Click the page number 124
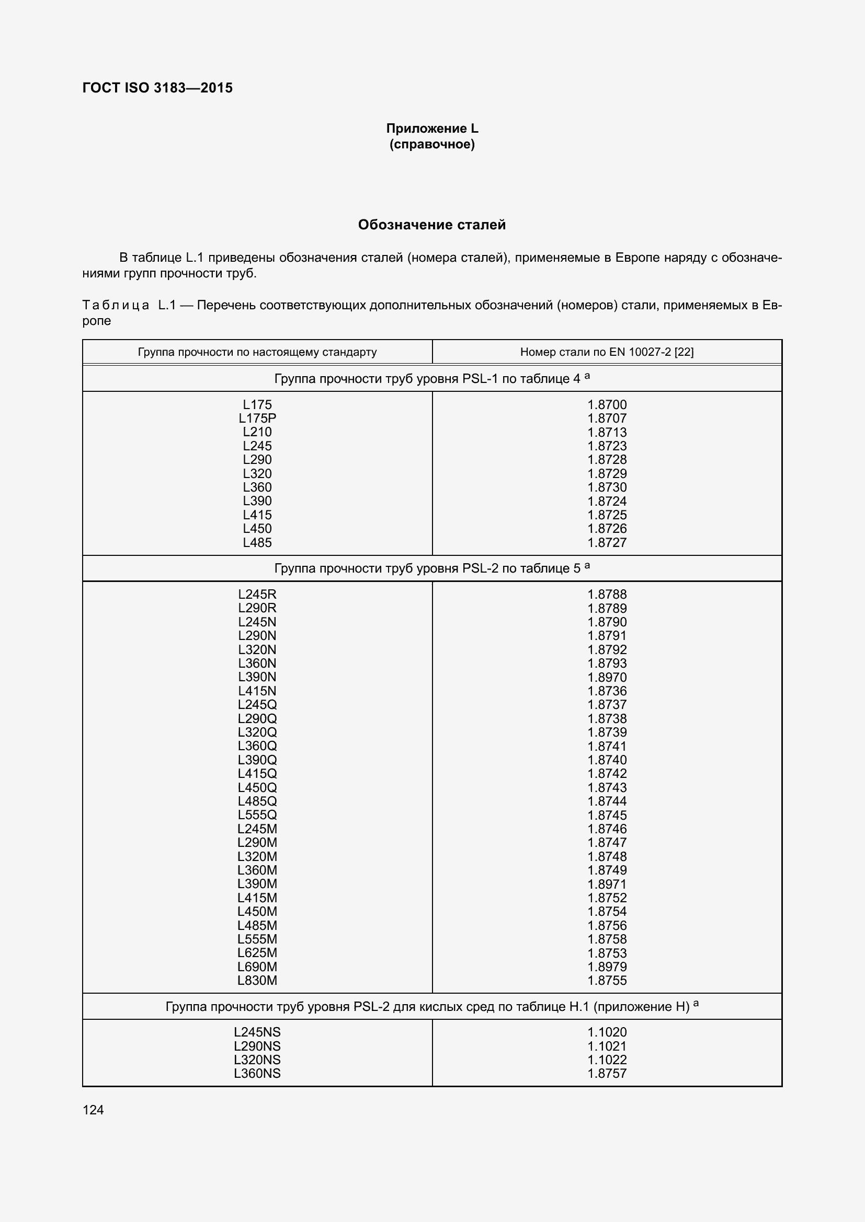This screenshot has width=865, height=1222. click(93, 1110)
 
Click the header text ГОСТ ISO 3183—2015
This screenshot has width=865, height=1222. click(157, 88)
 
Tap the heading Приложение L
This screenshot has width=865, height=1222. click(432, 129)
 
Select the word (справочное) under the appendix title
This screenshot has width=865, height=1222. click(432, 144)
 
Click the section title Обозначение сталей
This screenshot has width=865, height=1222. click(432, 225)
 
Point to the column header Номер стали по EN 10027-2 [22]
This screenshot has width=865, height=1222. click(607, 352)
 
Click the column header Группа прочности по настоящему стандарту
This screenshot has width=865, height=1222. click(257, 352)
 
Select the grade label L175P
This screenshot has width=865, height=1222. click(257, 418)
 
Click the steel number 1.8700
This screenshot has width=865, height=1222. click(607, 404)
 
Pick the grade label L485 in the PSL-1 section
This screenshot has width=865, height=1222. click(257, 542)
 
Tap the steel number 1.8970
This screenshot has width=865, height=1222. click(607, 677)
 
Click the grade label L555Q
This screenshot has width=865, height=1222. click(257, 815)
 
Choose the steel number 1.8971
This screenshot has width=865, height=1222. click(607, 883)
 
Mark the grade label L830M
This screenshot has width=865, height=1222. click(257, 980)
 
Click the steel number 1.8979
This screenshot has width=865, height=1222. click(607, 967)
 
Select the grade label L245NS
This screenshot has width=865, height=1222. click(257, 1032)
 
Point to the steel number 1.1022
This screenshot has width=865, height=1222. click(607, 1060)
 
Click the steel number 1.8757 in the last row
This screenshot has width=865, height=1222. click(607, 1074)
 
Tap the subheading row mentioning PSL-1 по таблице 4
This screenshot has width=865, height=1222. click(432, 378)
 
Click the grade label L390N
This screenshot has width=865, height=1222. click(257, 677)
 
